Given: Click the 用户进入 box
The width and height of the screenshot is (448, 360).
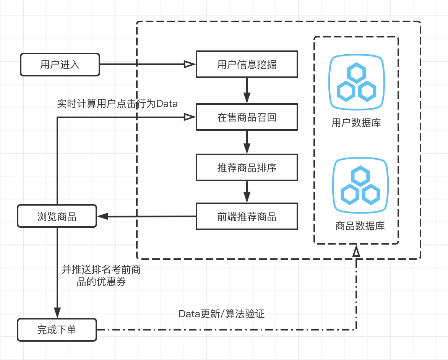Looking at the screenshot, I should point(60,64).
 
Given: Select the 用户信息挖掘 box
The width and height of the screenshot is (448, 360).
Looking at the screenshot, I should point(247,64).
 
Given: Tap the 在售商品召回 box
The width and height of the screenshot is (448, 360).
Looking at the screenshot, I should point(247,117).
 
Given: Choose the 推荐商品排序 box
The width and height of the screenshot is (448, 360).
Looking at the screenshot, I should point(247,167).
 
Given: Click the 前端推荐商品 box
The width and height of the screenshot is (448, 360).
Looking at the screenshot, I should point(247,217).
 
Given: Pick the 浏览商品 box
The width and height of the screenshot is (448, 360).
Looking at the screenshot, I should point(57,217).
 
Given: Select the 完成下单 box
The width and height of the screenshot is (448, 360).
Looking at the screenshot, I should point(57,329).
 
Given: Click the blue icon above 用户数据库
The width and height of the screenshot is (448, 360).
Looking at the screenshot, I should point(356,83).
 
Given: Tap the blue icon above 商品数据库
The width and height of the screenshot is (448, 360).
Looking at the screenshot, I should point(360,185).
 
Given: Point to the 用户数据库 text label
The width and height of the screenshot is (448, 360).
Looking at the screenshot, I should point(356,123).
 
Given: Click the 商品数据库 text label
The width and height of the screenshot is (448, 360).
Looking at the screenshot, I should point(360,226).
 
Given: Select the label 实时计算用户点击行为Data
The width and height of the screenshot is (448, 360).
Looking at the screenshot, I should point(117,104).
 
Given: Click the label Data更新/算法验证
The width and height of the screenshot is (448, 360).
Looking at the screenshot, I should point(222,314).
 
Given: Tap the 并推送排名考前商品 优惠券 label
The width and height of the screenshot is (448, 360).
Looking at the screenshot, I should point(101,276).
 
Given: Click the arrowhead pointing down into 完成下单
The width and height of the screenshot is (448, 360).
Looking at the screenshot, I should point(57,313).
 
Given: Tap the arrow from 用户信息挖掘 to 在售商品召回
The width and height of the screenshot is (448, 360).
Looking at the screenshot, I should point(247,91).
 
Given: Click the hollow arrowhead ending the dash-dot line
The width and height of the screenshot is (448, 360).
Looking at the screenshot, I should point(356,252).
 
